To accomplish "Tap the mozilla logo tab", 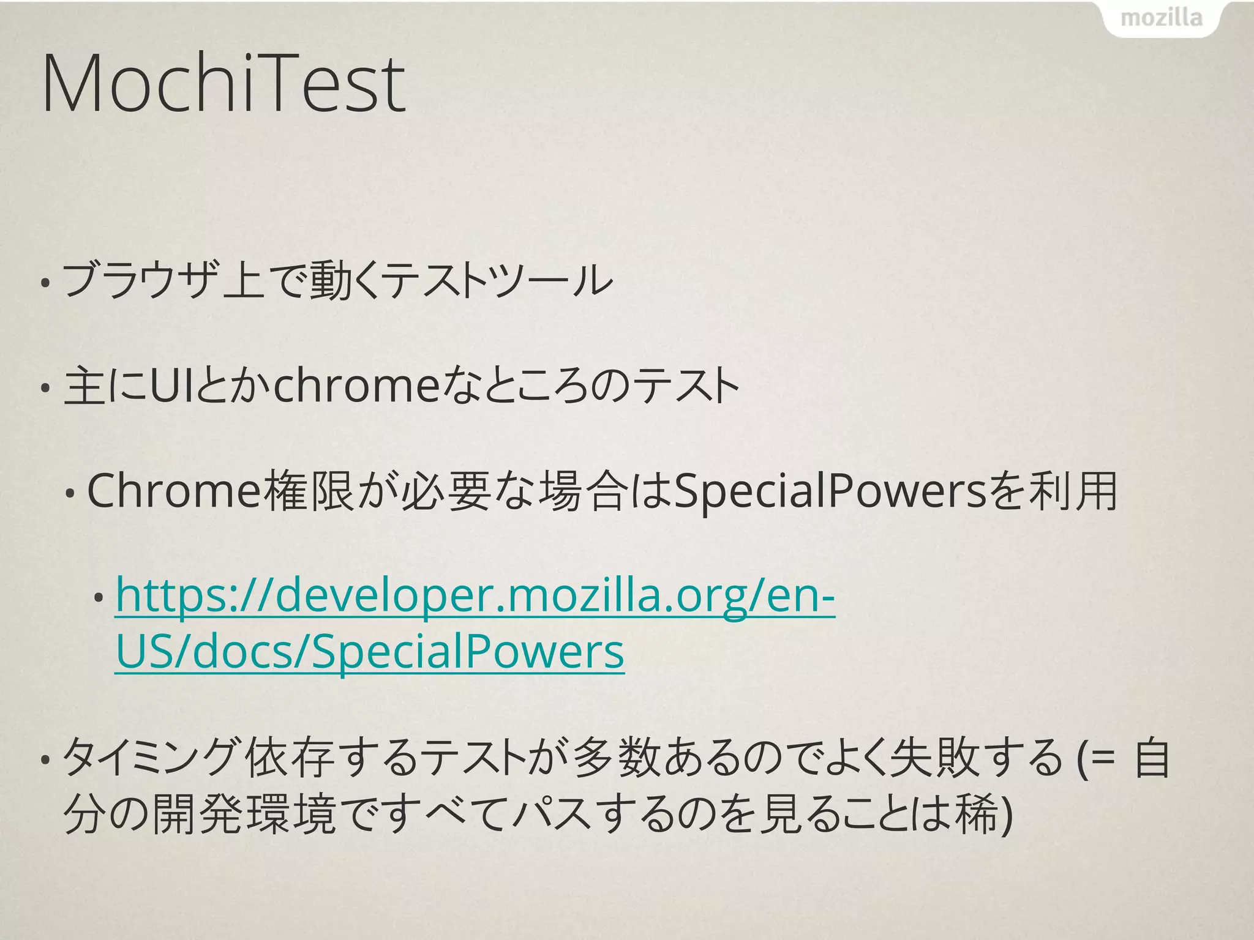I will pyautogui.click(x=1161, y=18).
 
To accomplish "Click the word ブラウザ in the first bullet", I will pyautogui.click(x=140, y=280).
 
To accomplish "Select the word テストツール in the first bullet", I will pyautogui.click(x=499, y=280).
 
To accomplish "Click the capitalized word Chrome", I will pyautogui.click(x=175, y=491).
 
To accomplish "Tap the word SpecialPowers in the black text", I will pyautogui.click(x=830, y=491).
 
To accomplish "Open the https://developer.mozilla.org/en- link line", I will pyautogui.click(x=475, y=596).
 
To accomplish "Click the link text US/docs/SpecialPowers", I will pyautogui.click(x=370, y=651).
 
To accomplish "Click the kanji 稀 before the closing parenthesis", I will pyautogui.click(x=976, y=814).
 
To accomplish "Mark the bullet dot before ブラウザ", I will pyautogui.click(x=45, y=283).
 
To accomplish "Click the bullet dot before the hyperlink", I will pyautogui.click(x=98, y=599).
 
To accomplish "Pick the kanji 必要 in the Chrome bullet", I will pyautogui.click(x=446, y=491).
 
